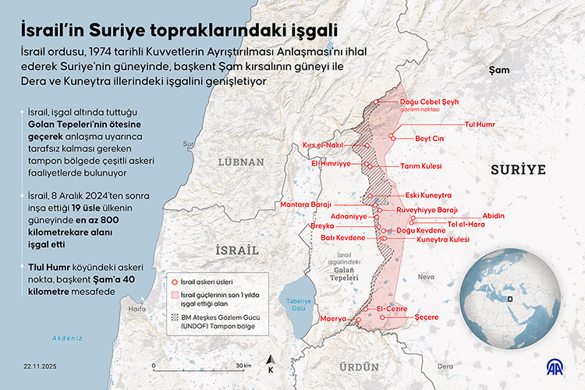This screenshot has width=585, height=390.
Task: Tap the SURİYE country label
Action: click(516, 168)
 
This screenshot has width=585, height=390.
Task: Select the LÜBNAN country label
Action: click(242, 161)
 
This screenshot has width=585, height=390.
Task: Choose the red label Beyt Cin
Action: click(429, 138)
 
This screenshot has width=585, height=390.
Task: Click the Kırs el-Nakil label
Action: click(323, 145)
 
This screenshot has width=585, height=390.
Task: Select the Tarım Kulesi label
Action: click(420, 166)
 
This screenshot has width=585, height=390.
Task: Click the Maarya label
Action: click(332, 319)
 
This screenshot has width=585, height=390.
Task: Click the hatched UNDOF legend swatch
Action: click(174, 317)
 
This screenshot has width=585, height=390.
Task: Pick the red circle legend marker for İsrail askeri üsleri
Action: click(174, 282)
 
